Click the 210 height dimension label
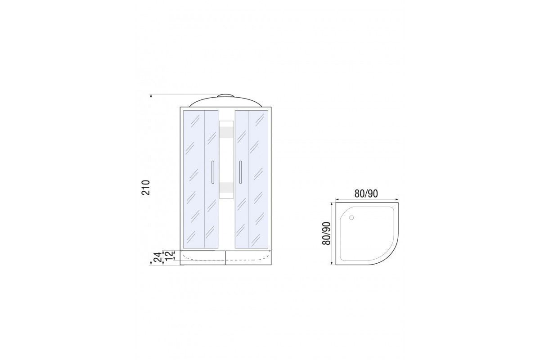click(146, 187)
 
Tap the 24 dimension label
click(157, 257)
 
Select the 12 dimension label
click(169, 255)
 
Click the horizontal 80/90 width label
click(366, 193)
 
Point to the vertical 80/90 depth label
click(326, 233)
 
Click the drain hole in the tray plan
click(351, 217)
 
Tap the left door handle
click(212, 172)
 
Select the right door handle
click(240, 172)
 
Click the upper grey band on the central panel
click(226, 132)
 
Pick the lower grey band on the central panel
click(226, 188)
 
